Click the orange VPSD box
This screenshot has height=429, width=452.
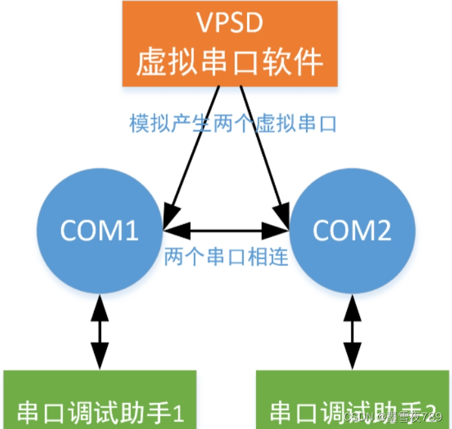click(230, 43)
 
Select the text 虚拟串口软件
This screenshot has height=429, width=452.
click(230, 63)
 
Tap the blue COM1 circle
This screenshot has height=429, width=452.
click(99, 231)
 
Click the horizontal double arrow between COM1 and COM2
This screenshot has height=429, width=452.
click(226, 229)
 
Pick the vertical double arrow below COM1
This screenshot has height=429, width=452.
click(100, 332)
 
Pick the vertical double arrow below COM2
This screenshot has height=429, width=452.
click(352, 332)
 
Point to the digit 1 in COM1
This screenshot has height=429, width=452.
click(132, 231)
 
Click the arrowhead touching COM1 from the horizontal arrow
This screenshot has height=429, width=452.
click(172, 229)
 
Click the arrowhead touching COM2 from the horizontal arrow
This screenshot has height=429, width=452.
click(280, 229)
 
